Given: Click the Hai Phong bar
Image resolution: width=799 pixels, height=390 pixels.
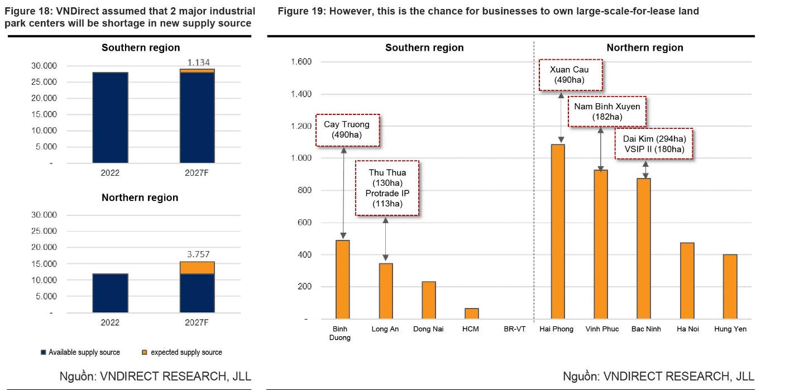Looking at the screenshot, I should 558,232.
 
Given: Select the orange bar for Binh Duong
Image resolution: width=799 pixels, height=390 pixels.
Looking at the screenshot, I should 342,280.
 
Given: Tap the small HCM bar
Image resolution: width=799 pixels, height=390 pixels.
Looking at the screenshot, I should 471,314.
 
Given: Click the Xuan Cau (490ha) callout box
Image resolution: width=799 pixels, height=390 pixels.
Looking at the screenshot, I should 571,75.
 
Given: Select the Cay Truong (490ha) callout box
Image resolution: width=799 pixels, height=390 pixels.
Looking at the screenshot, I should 347,130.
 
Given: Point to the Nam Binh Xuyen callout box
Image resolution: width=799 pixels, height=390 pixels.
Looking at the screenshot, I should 606,111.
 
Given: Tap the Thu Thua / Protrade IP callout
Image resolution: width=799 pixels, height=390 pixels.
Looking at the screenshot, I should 387,188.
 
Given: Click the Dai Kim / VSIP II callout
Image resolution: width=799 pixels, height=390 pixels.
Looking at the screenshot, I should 654,144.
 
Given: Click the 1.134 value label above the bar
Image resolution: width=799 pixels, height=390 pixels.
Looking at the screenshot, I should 198,62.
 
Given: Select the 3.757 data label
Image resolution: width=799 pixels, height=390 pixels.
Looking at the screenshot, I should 198,254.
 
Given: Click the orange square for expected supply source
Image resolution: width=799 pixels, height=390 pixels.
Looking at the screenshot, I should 145,353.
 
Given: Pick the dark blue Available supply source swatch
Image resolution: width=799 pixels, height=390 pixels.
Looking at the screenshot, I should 43,353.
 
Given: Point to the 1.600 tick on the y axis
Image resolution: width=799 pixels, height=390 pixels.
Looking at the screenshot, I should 302,61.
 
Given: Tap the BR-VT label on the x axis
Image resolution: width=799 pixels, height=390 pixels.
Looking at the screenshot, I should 514,329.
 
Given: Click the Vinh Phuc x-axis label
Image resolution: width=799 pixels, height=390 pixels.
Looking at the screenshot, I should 601,329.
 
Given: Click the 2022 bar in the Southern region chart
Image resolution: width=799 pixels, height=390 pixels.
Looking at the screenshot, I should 110,117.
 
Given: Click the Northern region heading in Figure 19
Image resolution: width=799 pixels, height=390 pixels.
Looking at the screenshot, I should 644,48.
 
